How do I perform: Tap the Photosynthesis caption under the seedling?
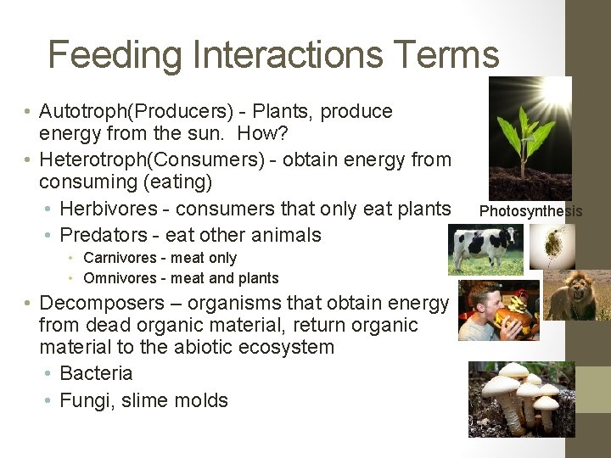pyautogui.click(x=531, y=211)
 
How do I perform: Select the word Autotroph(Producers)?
pyautogui.click(x=124, y=112)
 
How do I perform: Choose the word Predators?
pyautogui.click(x=102, y=235)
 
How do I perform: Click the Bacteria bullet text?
pyautogui.click(x=96, y=373)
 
